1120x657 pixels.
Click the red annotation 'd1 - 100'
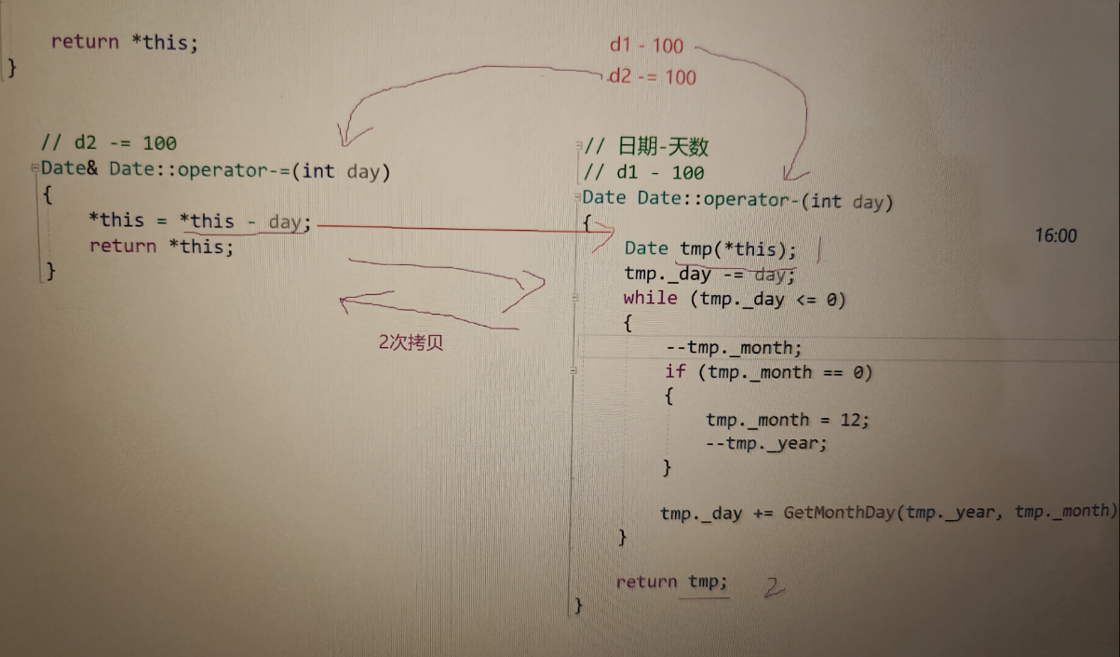[x=646, y=45]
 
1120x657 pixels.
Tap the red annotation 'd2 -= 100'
[x=653, y=76]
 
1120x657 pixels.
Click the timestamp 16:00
[x=1055, y=236]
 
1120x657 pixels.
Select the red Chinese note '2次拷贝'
[x=411, y=342]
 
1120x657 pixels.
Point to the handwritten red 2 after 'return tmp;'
[x=774, y=587]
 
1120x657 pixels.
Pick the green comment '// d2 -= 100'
[x=108, y=143]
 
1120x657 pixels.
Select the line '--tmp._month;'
[x=734, y=348]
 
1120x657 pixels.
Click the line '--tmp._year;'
[x=766, y=443]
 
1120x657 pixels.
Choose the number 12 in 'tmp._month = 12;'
[x=852, y=420]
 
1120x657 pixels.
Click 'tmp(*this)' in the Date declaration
[x=737, y=248]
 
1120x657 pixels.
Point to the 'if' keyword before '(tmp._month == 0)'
[x=675, y=372]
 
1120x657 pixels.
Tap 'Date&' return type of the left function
[x=70, y=170]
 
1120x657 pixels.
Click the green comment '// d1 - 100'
[x=644, y=173]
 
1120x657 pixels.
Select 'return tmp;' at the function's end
[x=671, y=583]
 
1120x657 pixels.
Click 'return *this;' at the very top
[x=124, y=43]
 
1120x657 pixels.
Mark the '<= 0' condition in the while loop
[x=823, y=299]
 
